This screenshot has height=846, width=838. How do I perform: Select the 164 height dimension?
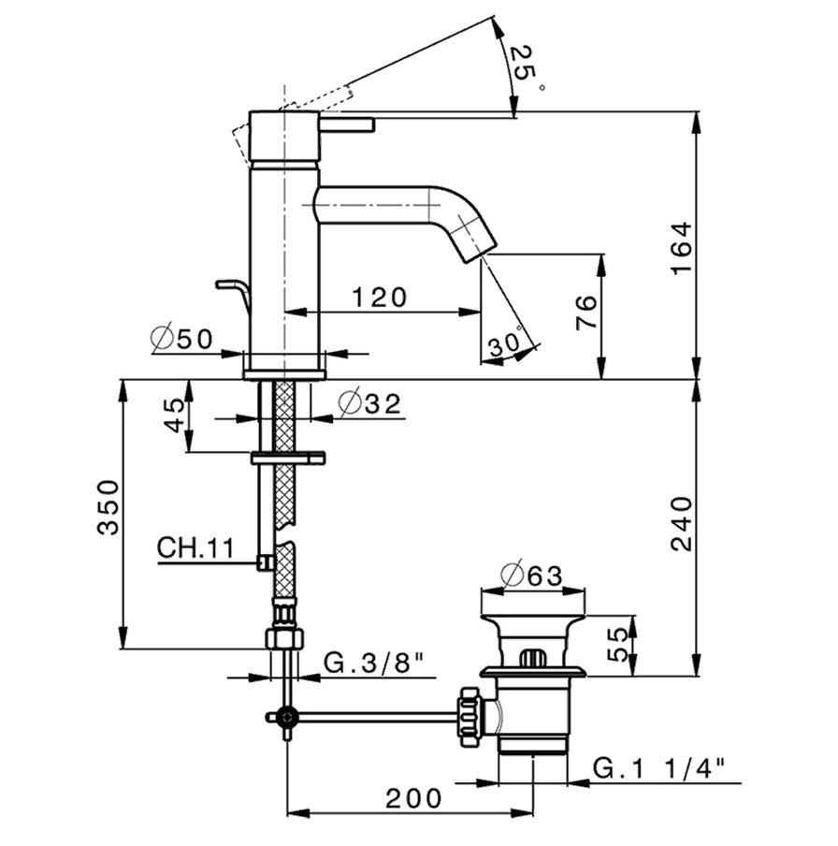click(x=681, y=247)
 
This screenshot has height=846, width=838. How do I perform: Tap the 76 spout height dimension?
click(x=586, y=313)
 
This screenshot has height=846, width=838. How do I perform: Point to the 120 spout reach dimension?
click(x=379, y=298)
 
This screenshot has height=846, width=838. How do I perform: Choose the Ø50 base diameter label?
click(x=182, y=339)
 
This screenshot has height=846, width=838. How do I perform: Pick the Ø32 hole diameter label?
click(x=370, y=403)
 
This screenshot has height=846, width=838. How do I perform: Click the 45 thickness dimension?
click(x=174, y=416)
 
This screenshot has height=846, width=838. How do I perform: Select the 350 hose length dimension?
click(x=108, y=507)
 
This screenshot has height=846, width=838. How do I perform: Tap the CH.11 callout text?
click(x=195, y=548)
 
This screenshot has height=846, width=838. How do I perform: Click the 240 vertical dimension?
click(x=681, y=523)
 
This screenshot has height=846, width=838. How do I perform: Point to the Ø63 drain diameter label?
click(x=531, y=576)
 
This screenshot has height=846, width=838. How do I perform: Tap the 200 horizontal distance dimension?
click(x=413, y=798)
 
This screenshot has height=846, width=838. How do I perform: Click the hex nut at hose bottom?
click(x=286, y=639)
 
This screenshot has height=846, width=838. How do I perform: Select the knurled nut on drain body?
click(x=470, y=717)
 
